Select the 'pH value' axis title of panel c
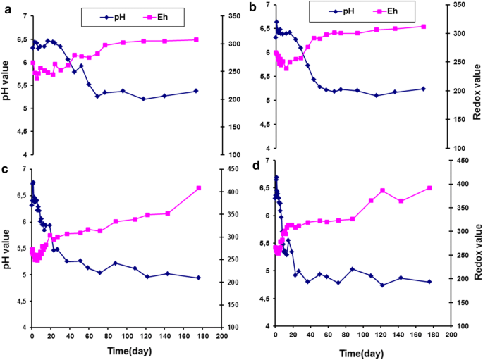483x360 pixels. pyautogui.click(x=6, y=249)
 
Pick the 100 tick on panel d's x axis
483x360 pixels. pyautogui.click(x=362, y=337)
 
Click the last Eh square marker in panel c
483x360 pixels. pyautogui.click(x=199, y=188)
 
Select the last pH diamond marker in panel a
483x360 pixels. pyautogui.click(x=196, y=91)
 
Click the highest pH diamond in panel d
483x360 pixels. pyautogui.click(x=276, y=178)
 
